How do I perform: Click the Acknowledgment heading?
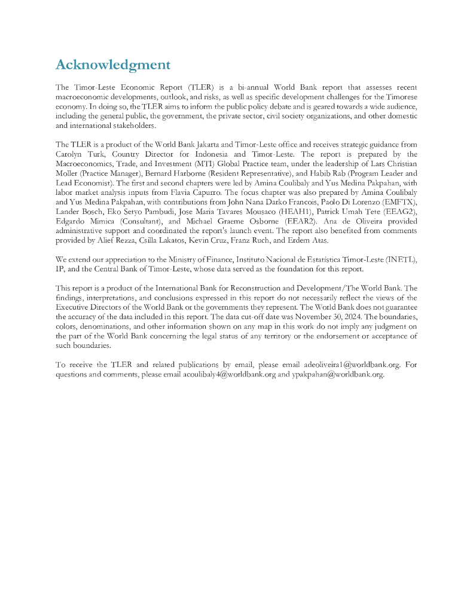[112, 65]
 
